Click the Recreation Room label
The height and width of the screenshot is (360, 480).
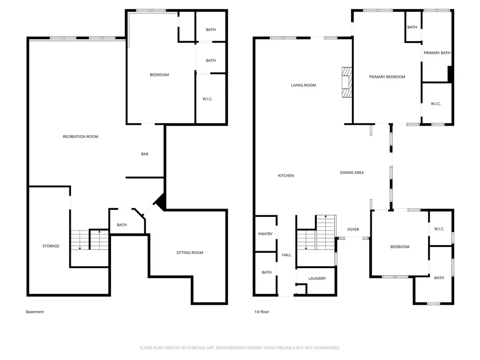click(81, 136)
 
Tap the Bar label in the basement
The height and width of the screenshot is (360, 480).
click(145, 154)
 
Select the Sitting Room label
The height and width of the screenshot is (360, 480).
click(190, 253)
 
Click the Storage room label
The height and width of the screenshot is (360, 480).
click(51, 246)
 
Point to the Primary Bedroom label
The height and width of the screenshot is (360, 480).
click(387, 77)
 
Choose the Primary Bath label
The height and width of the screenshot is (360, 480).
click(437, 52)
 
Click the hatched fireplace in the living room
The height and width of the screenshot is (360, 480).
click(347, 82)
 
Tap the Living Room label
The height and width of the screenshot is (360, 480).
click(303, 85)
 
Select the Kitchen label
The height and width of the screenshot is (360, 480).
click(286, 175)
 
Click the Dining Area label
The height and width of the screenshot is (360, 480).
click(352, 172)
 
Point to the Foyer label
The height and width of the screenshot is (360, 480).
click(353, 229)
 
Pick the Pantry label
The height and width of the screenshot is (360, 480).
click(265, 234)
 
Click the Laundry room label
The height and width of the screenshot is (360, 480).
click(317, 278)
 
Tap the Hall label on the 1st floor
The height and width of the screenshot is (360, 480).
click(286, 255)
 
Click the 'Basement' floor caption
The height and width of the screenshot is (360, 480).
click(35, 312)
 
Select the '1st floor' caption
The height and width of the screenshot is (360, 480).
click(262, 312)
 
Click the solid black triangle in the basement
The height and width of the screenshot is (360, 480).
click(161, 202)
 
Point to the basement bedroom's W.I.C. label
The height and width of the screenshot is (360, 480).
click(207, 99)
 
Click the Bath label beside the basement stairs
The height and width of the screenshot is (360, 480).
click(122, 225)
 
